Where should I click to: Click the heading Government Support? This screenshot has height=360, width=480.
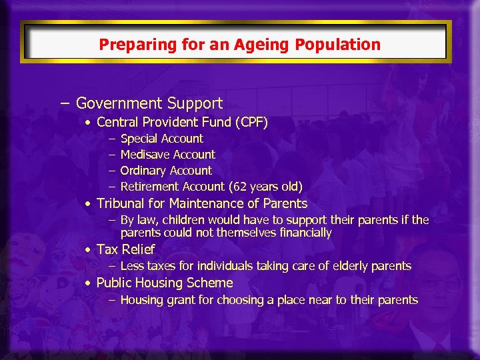point(149,103)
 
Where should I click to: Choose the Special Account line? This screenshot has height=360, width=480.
point(161,139)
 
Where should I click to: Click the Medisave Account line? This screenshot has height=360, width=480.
point(167,155)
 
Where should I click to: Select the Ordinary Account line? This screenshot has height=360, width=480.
point(165,171)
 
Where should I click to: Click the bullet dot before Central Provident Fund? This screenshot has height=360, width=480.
point(88,123)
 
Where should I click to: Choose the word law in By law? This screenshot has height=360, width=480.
point(147,220)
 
